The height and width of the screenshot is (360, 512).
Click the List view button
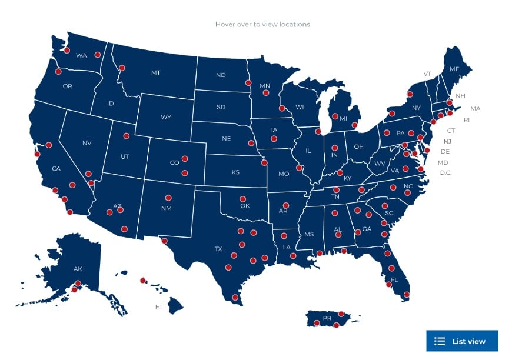coord(462,341)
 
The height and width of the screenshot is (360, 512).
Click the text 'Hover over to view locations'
coord(262,24)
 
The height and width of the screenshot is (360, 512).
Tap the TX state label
coord(218,249)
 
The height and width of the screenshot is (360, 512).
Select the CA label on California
coord(56,169)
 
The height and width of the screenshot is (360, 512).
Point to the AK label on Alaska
coord(78,269)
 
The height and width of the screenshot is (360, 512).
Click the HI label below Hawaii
coord(158,306)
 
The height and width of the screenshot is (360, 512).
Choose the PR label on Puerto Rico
coord(327,318)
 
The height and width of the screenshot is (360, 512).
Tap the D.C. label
coord(445,172)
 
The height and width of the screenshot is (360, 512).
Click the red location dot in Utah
coord(126,136)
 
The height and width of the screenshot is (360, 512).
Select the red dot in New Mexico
coord(168,198)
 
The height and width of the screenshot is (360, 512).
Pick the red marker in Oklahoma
coord(242,198)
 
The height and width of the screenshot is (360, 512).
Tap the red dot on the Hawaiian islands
coord(142,281)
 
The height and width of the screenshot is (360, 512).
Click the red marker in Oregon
coord(58,72)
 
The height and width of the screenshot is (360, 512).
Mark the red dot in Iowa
coord(274,139)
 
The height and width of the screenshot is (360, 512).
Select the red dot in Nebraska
coord(251,143)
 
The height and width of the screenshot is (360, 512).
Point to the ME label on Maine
coord(454,69)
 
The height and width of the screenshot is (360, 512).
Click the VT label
coord(427,74)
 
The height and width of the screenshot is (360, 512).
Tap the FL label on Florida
coord(394,279)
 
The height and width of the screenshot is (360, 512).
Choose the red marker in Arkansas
coord(286,205)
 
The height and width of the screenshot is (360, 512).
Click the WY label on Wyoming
coord(166,117)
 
